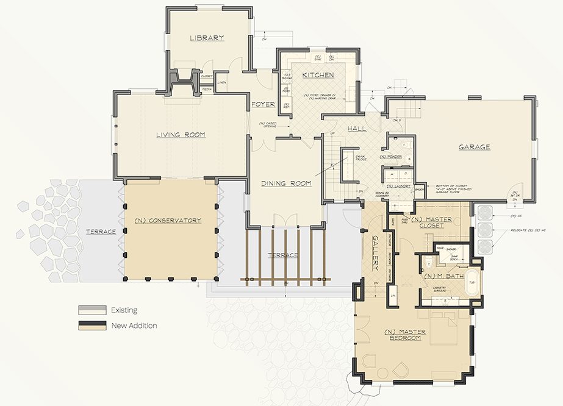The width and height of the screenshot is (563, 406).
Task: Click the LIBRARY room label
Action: coord(207,38)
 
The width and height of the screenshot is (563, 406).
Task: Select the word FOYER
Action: coord(263,104)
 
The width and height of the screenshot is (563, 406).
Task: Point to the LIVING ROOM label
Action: coord(180,135)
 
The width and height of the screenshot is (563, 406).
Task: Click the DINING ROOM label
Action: coord(286,183)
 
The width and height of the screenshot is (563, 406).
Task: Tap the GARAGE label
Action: coord(475,147)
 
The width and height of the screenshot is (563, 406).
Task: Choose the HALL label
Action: coord(357,129)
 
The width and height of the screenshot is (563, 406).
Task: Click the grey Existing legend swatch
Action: coord(91,310)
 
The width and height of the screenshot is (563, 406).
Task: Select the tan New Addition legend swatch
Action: coord(91,326)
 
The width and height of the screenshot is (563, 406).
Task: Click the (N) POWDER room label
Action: coord(390,157)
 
